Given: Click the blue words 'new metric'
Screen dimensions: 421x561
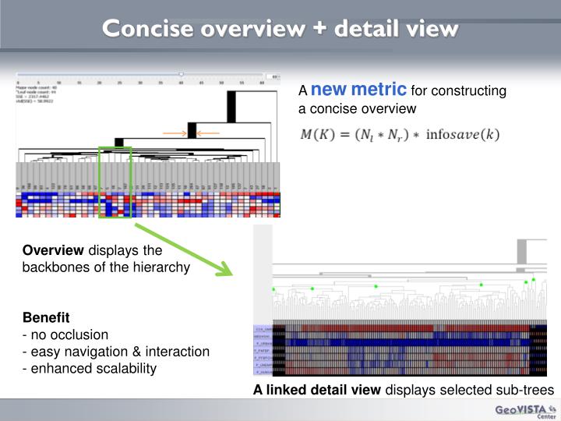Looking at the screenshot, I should (358, 89).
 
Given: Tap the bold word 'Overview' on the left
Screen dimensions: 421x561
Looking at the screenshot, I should (53, 250).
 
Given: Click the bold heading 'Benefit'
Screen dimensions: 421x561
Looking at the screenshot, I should (46, 318).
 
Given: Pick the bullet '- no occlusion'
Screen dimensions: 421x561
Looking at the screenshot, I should (65, 334).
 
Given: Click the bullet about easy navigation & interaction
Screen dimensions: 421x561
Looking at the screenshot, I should (115, 352).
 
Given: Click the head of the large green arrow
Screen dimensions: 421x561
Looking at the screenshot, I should (225, 270).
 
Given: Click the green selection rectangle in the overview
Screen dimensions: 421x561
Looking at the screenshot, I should (115, 182).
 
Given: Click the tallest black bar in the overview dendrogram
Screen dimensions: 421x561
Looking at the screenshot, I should (231, 106).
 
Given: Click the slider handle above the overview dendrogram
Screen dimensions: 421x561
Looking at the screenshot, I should (181, 76).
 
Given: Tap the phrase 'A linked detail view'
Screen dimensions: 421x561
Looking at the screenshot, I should (316, 390).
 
